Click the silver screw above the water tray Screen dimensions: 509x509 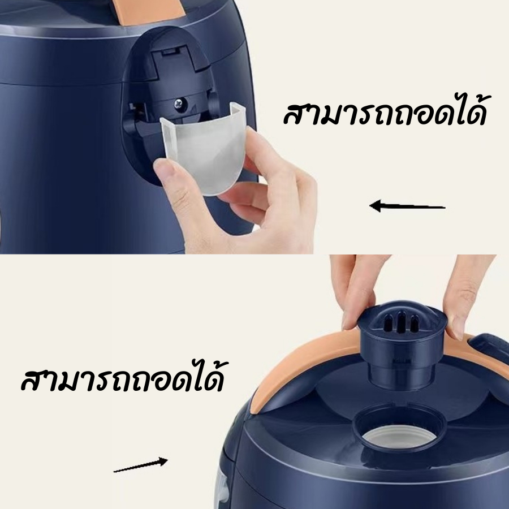pyautogui.click(x=179, y=104)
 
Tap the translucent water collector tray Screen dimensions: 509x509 pyautogui.click(x=203, y=149)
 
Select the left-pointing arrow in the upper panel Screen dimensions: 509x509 pyautogui.click(x=407, y=206)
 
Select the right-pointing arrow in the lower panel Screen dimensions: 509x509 pyautogui.click(x=141, y=464)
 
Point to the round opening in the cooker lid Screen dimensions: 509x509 pyautogui.click(x=399, y=429)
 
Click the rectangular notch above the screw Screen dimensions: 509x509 pyautogui.click(x=170, y=52)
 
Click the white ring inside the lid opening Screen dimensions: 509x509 pyautogui.click(x=399, y=437)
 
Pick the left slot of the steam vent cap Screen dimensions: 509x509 pyautogui.click(x=388, y=323)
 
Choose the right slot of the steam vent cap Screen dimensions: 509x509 pyautogui.click(x=413, y=323)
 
